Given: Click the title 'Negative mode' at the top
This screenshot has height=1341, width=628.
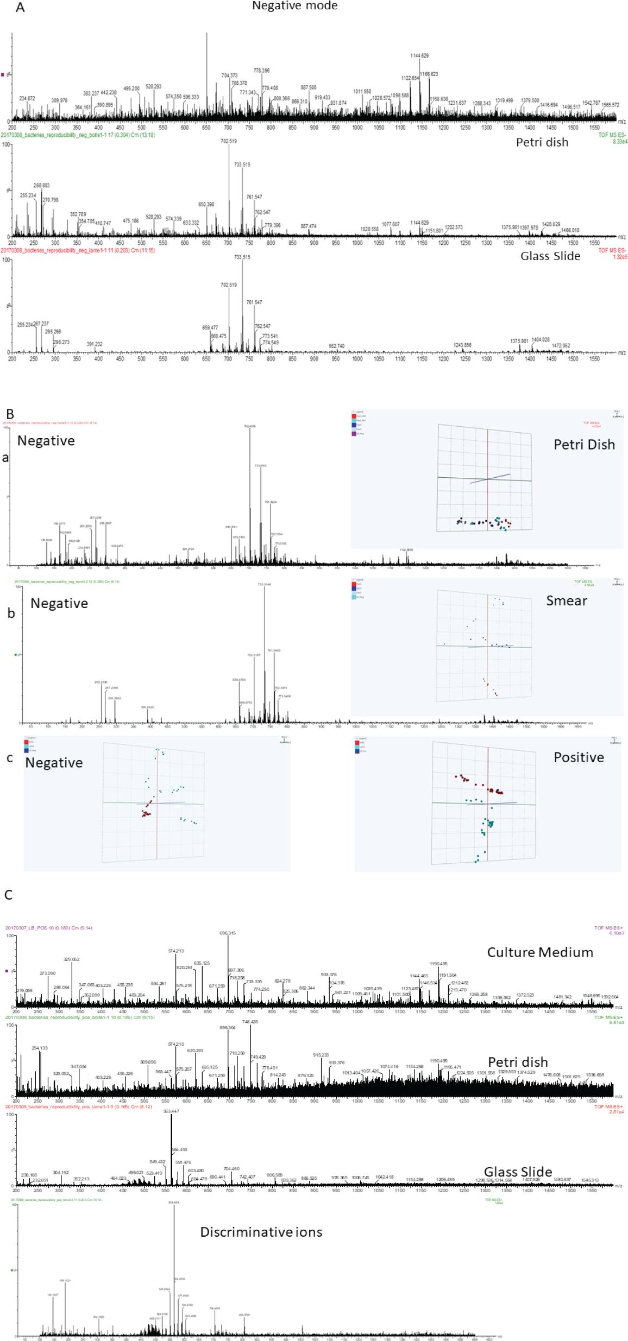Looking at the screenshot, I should coord(294,6).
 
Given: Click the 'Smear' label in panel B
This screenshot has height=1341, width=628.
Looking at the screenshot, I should coord(566,600).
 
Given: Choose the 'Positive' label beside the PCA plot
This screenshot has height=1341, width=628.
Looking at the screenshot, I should coord(578,757).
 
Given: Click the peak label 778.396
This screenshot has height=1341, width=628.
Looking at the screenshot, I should coord(261,71).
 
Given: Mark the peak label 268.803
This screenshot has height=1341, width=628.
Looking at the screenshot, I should coord(41,186).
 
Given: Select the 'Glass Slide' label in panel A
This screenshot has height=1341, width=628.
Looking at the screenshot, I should coord(550,256).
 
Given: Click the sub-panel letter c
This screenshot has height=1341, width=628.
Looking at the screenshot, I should coord(9,757).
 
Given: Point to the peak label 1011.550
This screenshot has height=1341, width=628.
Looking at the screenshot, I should coord(362,92).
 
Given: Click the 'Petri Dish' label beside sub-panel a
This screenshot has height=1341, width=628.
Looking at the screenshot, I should coord(583,445).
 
